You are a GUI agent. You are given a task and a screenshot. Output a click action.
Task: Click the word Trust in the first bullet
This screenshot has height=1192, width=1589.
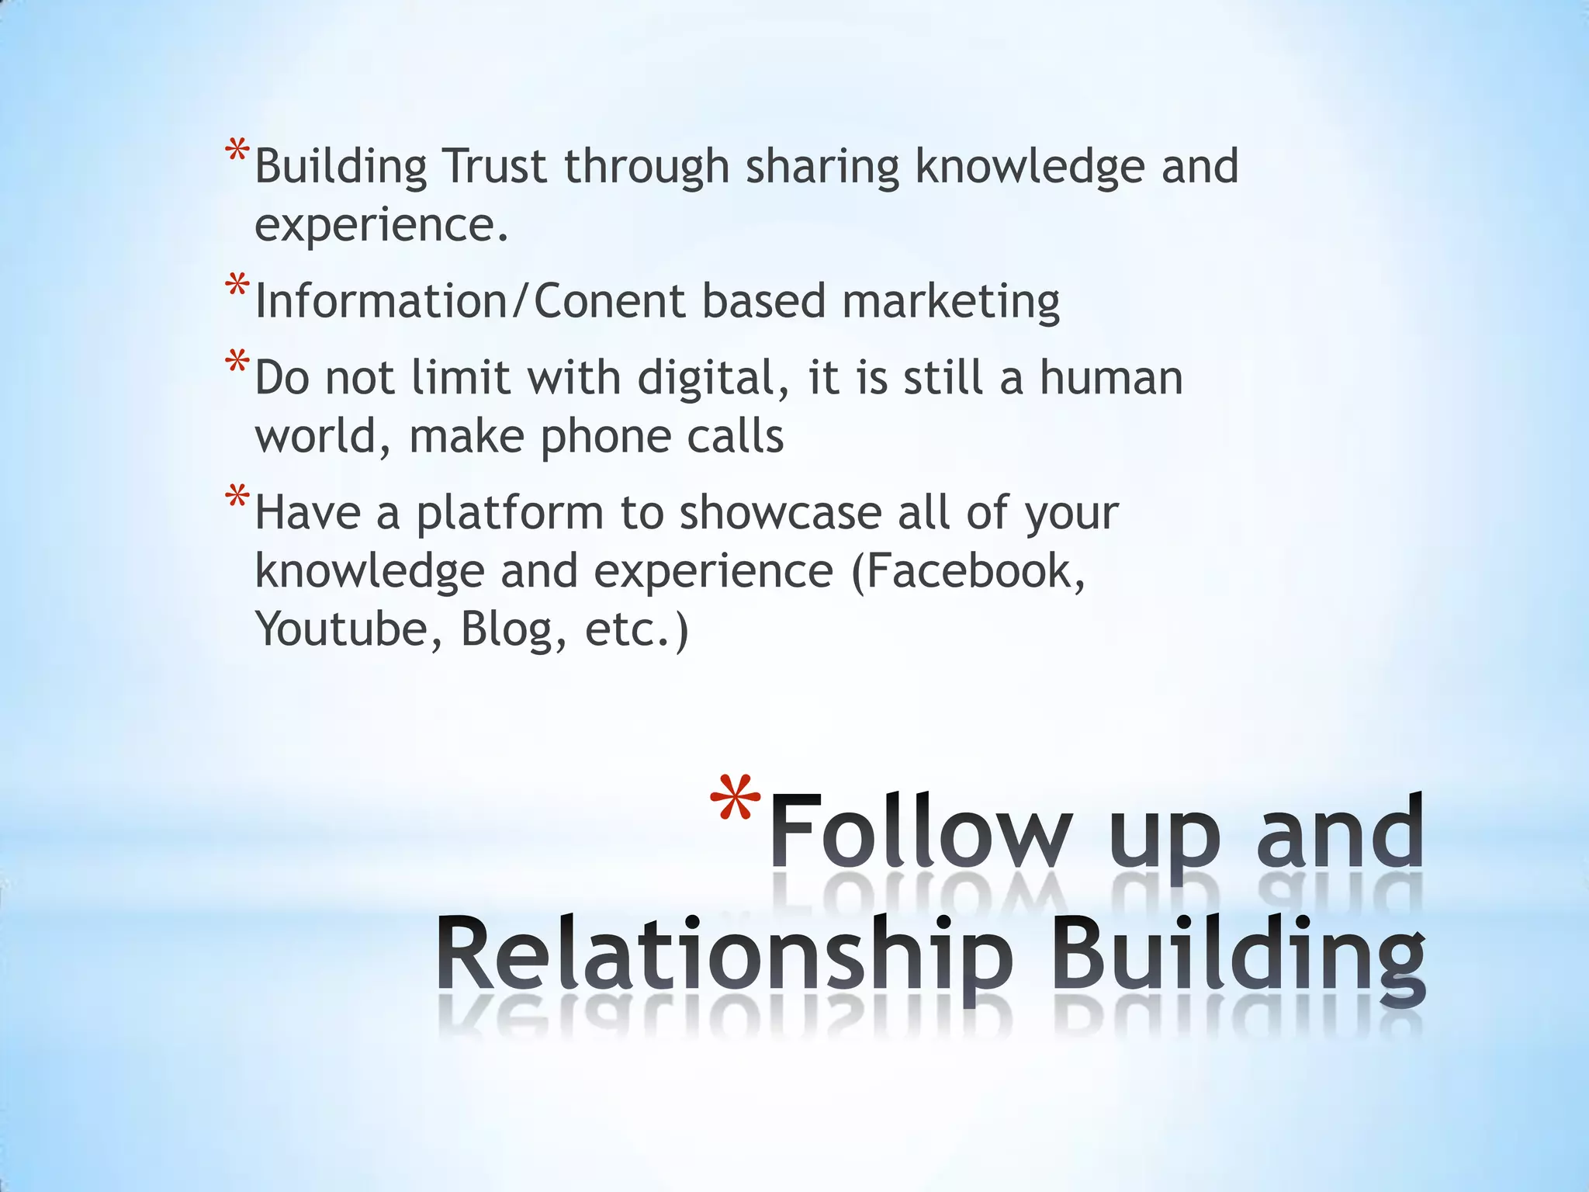[494, 166]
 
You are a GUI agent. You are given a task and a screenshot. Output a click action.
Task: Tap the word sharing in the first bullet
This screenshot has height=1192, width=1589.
[822, 168]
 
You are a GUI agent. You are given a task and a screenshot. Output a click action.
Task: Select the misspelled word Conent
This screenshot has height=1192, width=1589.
[609, 301]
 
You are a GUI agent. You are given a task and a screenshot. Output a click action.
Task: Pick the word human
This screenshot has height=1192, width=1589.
[1111, 378]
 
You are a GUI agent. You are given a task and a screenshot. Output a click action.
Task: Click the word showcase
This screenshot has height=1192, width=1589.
[781, 513]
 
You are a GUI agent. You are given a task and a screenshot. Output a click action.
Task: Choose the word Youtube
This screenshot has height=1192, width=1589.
[341, 629]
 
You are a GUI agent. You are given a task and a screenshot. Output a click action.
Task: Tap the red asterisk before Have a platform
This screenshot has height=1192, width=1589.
[237, 497]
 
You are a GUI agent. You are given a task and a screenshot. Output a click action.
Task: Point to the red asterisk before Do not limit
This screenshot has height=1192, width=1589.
[237, 363]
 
